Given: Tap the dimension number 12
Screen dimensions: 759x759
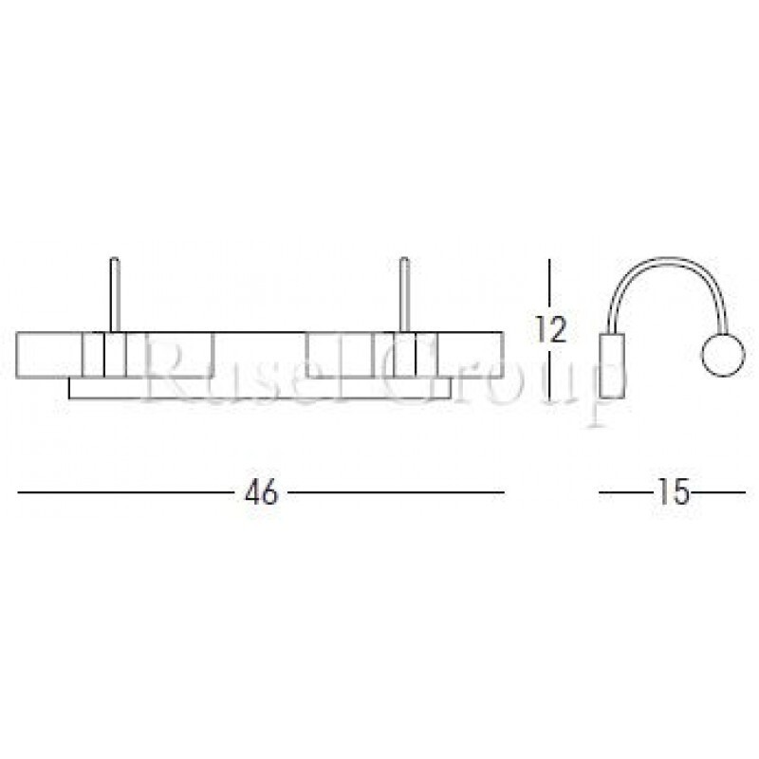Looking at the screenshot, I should pos(550,329).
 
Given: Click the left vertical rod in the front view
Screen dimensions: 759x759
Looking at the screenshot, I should pos(114,294).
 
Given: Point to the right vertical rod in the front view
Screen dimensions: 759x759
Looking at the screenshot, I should pos(405,294).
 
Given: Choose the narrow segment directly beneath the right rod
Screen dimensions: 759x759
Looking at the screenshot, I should pos(405,356).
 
